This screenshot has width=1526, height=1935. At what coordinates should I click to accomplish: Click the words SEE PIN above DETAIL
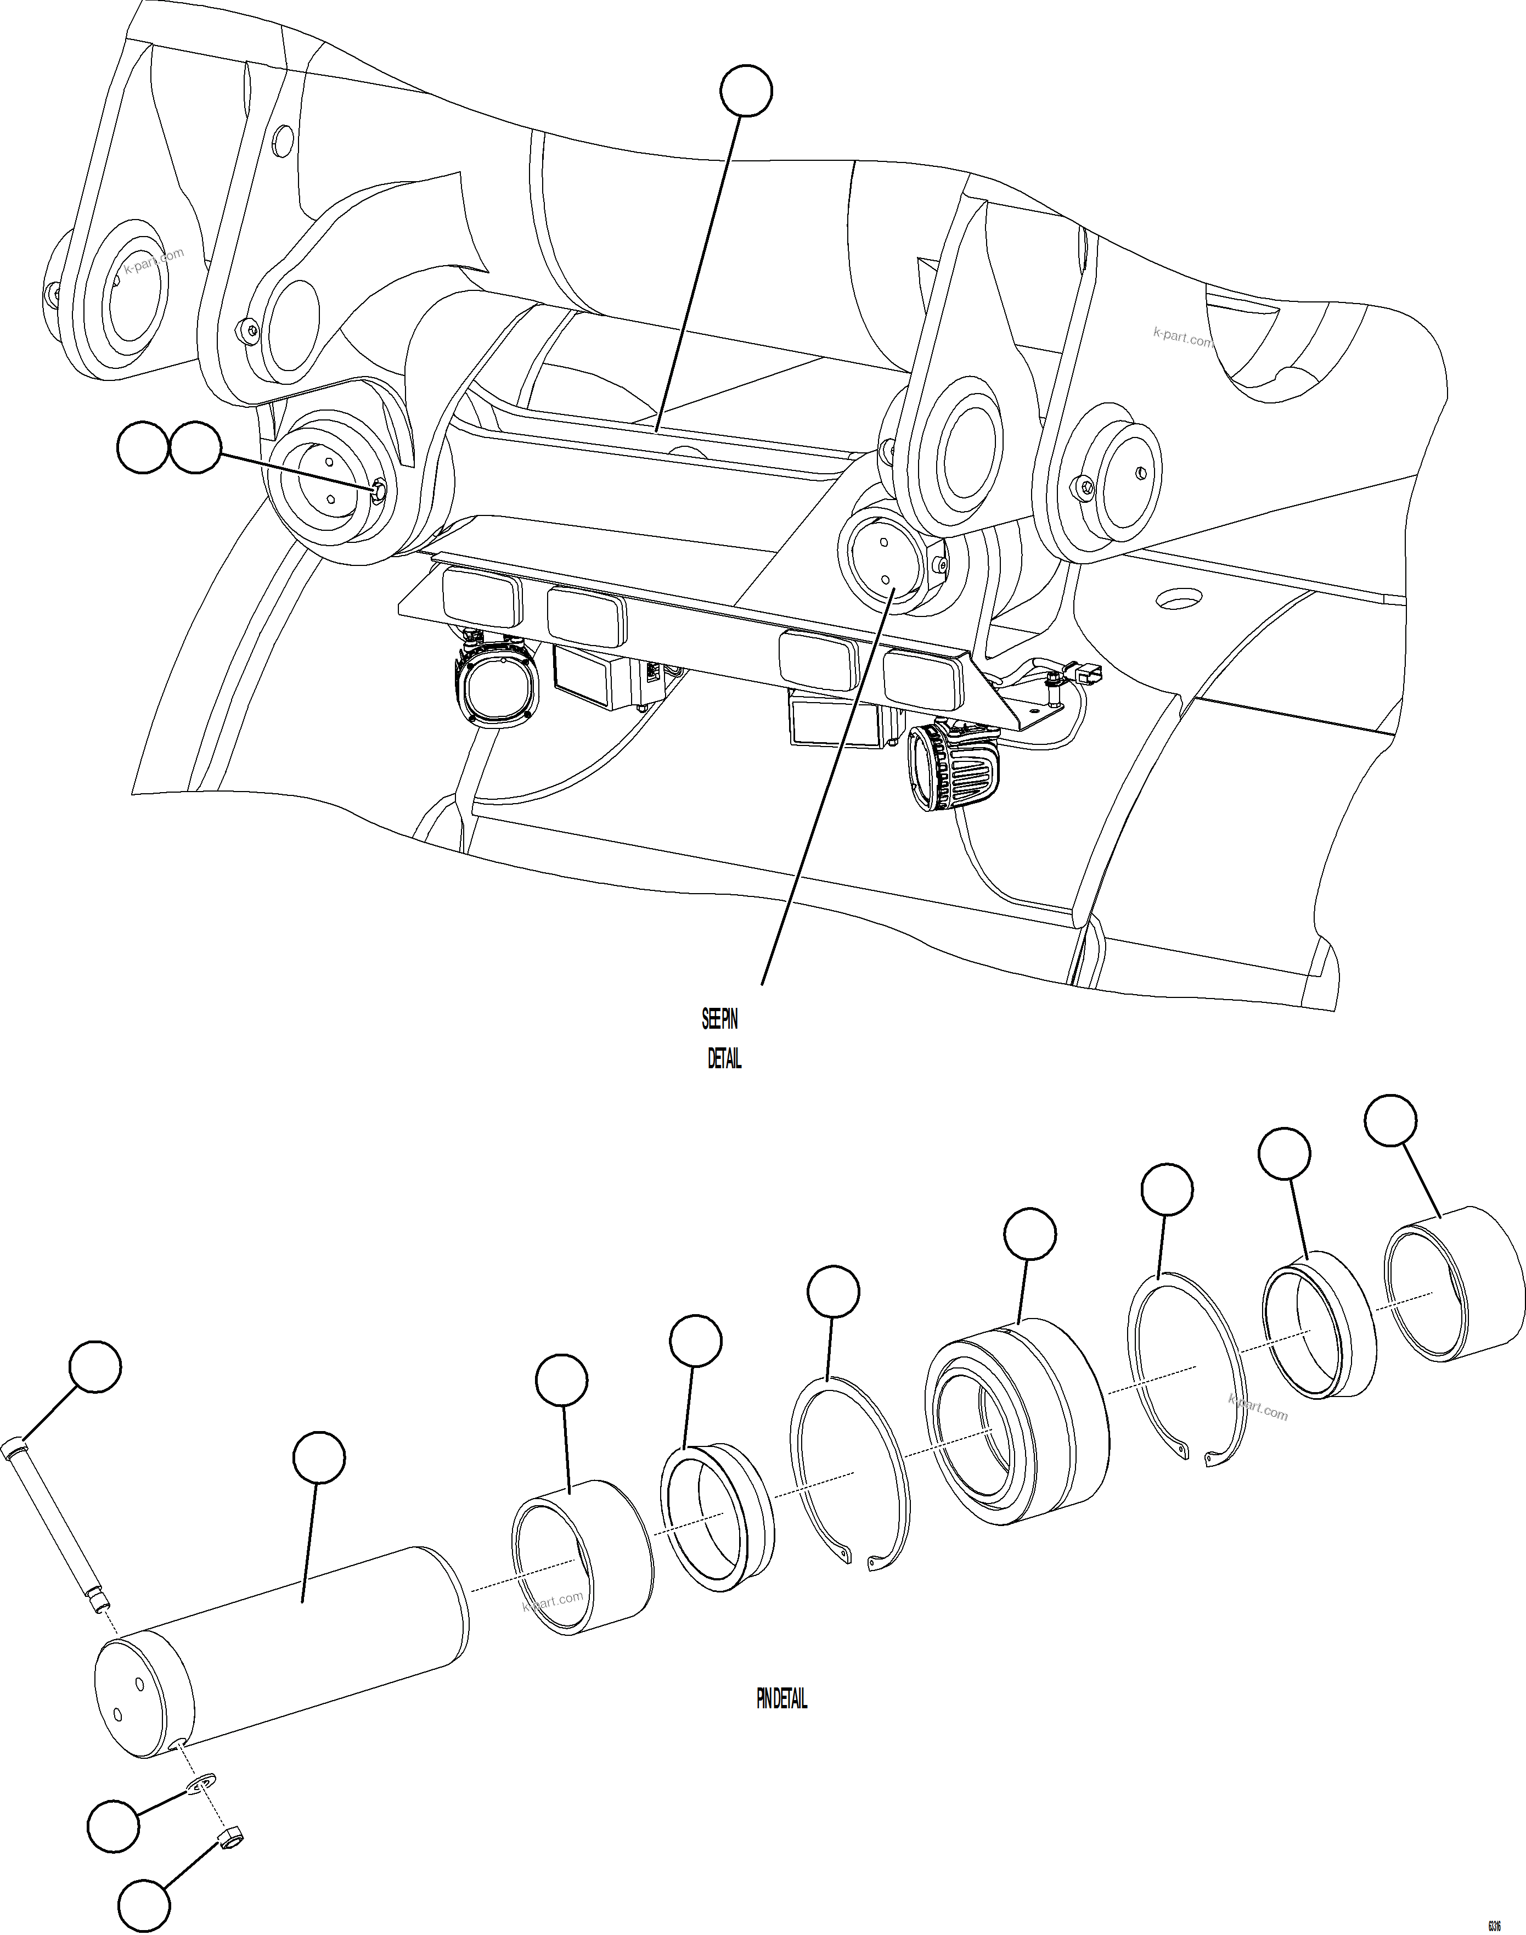719,1019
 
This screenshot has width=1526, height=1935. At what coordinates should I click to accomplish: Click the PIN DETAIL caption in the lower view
782,1700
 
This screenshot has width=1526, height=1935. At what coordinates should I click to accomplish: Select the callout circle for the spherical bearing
1030,1235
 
